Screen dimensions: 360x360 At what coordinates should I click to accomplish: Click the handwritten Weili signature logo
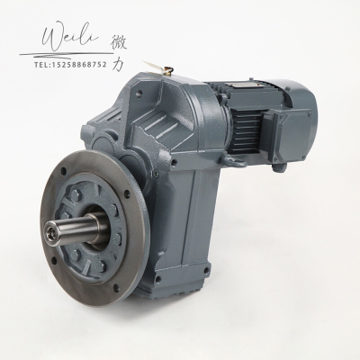click(x=70, y=38)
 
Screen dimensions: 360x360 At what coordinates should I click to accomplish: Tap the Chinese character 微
click(x=119, y=43)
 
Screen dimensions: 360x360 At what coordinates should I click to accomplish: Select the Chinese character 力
click(x=118, y=64)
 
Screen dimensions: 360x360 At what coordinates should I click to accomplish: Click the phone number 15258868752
click(x=79, y=65)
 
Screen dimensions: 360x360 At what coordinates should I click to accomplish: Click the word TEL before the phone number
click(x=41, y=65)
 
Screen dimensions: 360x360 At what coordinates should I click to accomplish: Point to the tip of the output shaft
click(x=49, y=234)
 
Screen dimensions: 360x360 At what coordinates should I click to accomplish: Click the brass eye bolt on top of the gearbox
click(x=169, y=72)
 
